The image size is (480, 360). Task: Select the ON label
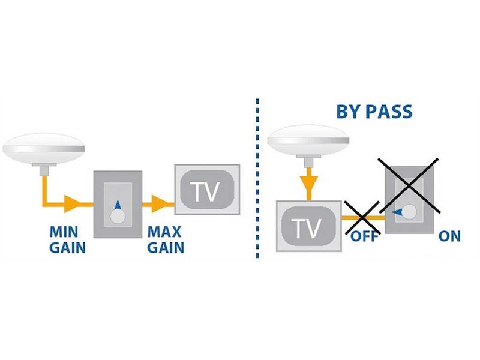click(x=449, y=236)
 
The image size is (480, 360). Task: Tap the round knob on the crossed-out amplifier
click(x=410, y=212)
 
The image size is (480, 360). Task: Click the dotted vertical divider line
click(x=257, y=180)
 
